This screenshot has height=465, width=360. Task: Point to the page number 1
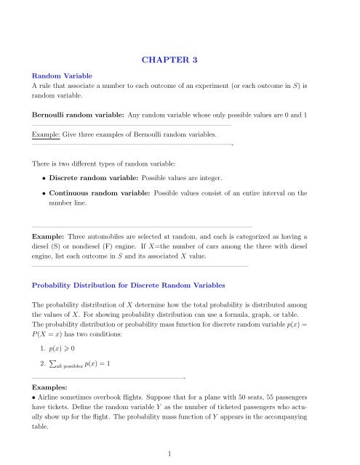(x=180, y=454)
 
